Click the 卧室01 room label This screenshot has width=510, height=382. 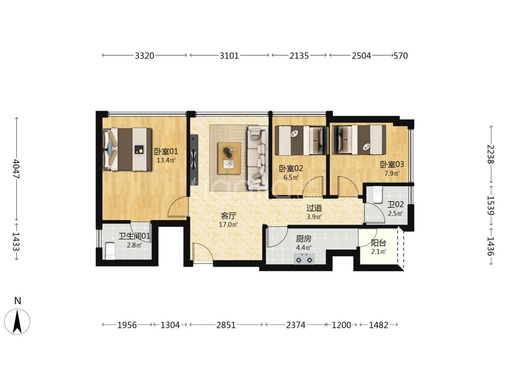tap(166, 151)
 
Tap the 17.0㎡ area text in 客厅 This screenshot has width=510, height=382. tap(228, 225)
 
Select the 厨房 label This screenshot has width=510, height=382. tap(303, 239)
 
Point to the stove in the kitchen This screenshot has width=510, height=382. tap(304, 259)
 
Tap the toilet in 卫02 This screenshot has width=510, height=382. tap(377, 194)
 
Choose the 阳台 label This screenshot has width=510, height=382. tap(378, 243)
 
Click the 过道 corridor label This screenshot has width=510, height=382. tap(314, 208)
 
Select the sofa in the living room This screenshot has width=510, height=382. tap(258, 158)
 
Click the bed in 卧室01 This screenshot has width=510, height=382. tap(127, 149)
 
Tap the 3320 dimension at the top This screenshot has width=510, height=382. tap(144, 56)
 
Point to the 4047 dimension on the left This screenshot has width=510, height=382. tap(16, 169)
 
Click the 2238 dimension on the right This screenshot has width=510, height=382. tap(491, 154)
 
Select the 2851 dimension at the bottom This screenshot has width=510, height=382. tap(226, 325)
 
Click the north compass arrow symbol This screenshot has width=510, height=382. tap(17, 321)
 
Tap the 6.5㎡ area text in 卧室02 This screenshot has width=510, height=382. tap(291, 177)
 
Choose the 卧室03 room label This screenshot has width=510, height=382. tap(392, 165)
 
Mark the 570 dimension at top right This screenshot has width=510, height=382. tap(401, 56)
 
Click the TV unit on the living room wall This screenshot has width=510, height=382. tap(194, 160)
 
